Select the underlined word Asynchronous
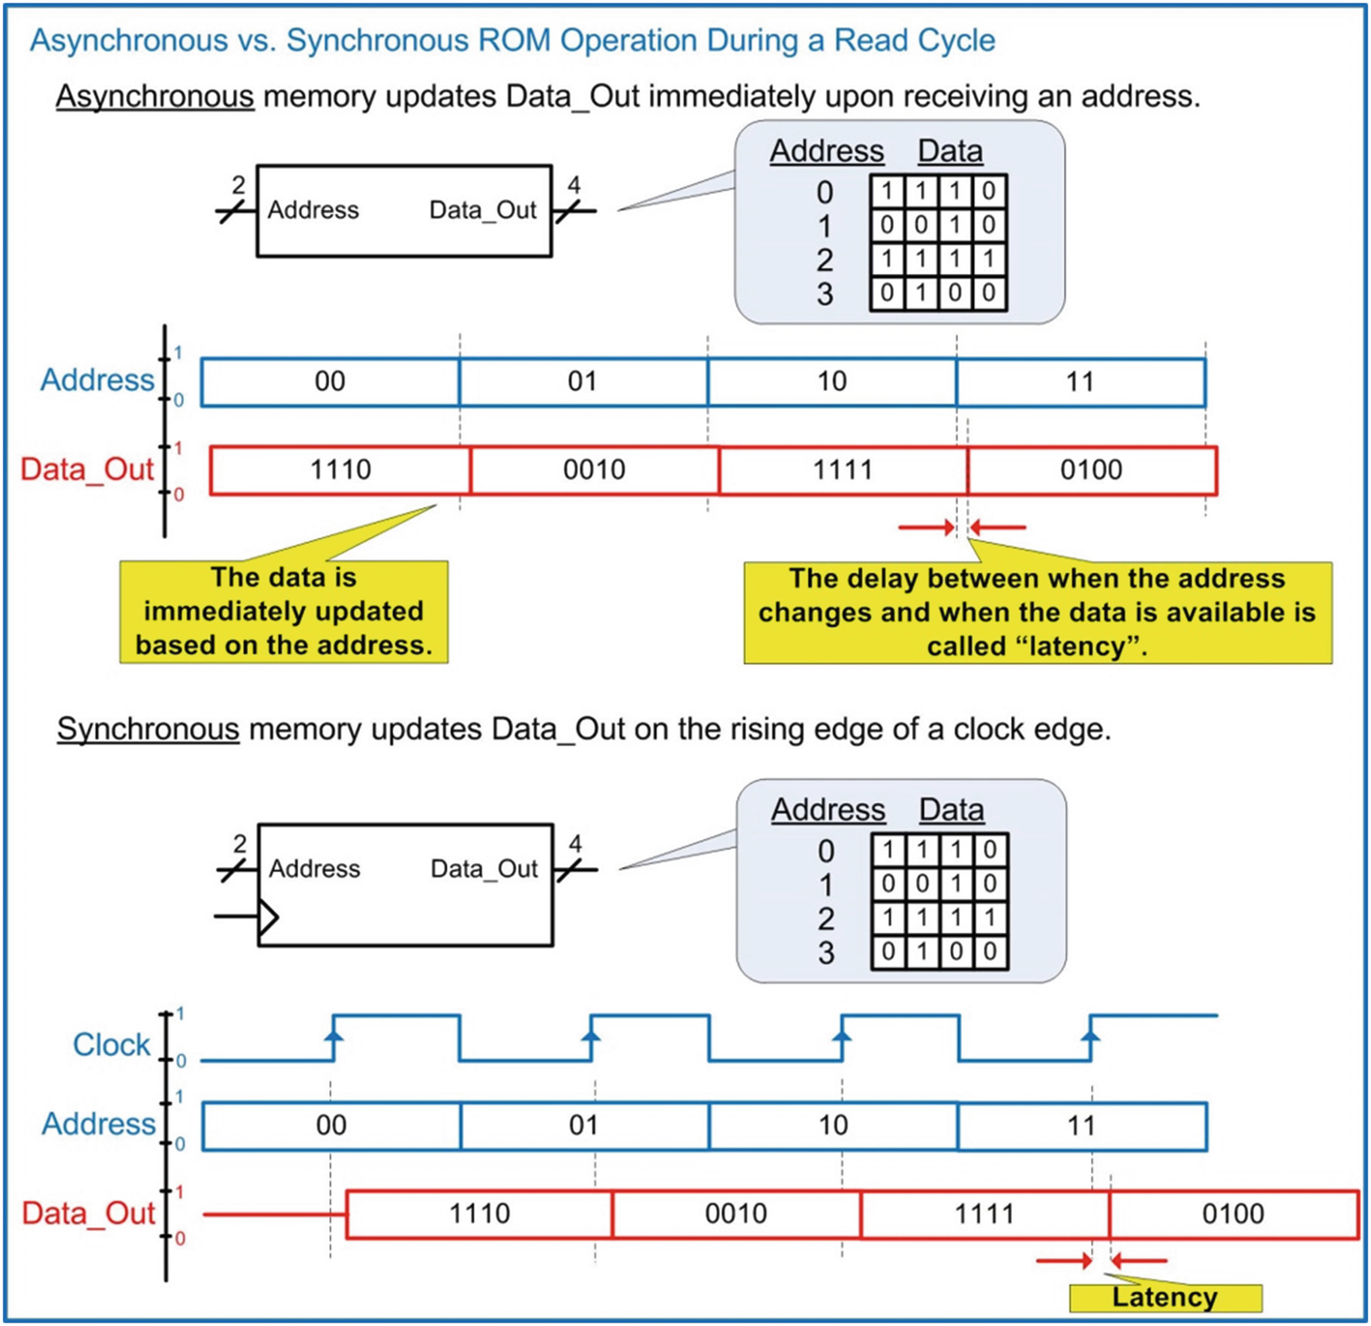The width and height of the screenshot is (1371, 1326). click(x=154, y=96)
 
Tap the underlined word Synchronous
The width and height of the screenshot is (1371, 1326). click(x=147, y=729)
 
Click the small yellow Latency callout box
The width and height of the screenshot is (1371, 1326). click(x=1164, y=1298)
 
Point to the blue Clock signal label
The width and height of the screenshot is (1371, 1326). click(x=111, y=1044)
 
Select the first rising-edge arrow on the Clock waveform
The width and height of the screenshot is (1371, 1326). click(x=334, y=1036)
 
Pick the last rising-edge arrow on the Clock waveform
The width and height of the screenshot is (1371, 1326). click(x=1090, y=1036)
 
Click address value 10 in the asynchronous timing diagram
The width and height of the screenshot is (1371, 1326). click(x=831, y=381)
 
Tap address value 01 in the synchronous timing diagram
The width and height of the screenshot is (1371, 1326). click(x=583, y=1125)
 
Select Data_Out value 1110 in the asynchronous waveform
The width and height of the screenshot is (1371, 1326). click(x=340, y=470)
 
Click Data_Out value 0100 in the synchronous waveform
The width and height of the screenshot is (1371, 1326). click(x=1232, y=1214)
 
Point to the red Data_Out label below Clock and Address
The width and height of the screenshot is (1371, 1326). click(x=89, y=1214)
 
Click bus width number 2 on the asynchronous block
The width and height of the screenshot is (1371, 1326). click(x=239, y=186)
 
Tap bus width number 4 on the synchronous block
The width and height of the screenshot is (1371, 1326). click(x=575, y=843)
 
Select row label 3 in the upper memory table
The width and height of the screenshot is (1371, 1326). click(x=824, y=294)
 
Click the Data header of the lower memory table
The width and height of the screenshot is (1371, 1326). click(x=951, y=810)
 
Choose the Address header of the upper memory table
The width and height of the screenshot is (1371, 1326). click(x=826, y=151)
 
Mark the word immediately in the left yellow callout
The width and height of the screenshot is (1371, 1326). click(x=283, y=611)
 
